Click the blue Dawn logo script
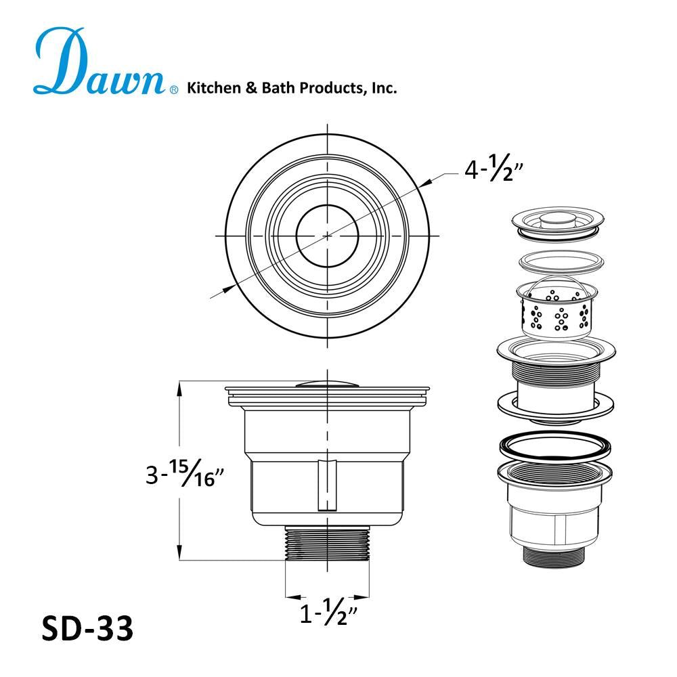click(100, 62)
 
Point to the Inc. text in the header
click(384, 88)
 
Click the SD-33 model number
click(87, 628)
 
